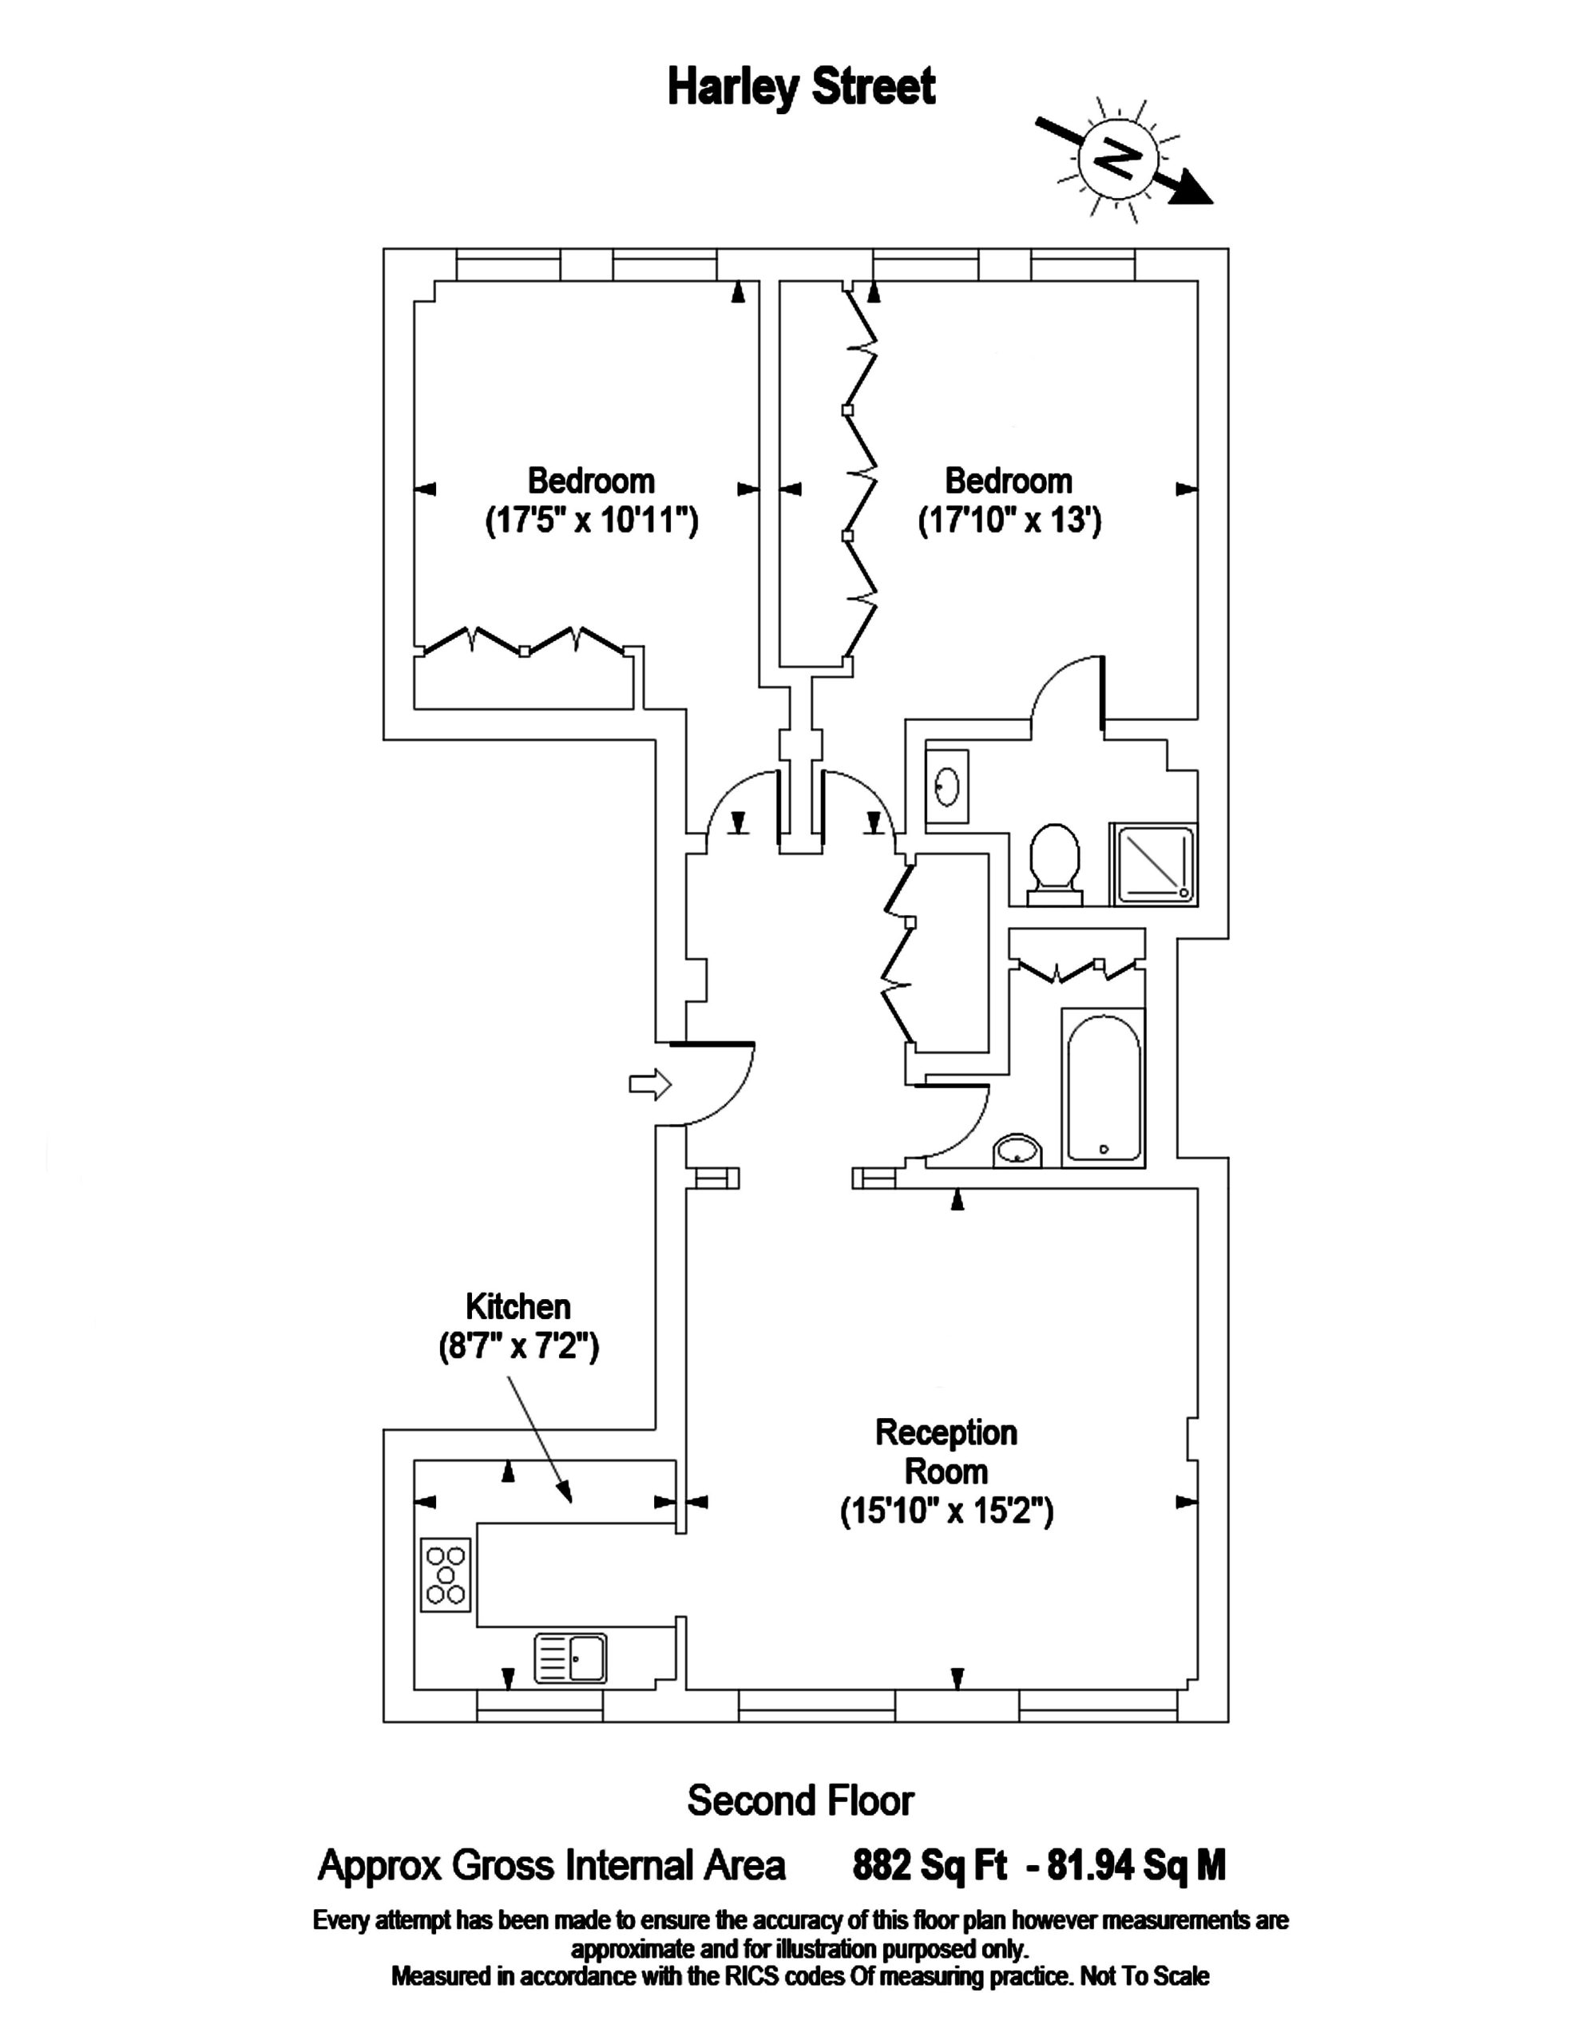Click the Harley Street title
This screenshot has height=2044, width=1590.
[801, 88]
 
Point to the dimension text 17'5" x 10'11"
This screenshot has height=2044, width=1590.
[592, 521]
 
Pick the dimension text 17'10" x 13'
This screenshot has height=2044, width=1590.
[1009, 521]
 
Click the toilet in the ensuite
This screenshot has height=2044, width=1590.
[1055, 864]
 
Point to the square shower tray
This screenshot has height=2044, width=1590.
[1153, 864]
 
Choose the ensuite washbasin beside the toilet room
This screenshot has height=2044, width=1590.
[947, 786]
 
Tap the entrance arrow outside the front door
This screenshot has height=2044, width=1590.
[649, 1085]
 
